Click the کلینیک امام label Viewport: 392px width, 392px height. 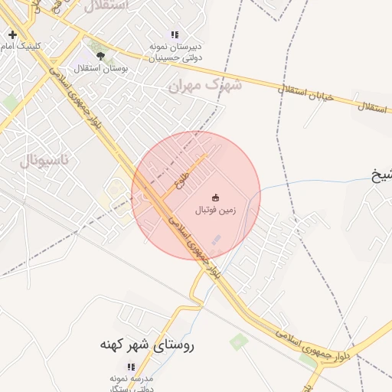pyautogui.click(x=32, y=47)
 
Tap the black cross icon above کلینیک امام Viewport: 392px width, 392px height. pyautogui.click(x=12, y=34)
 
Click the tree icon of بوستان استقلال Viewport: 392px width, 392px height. pyautogui.click(x=100, y=56)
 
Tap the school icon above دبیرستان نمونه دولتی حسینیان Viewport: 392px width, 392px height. pyautogui.click(x=175, y=34)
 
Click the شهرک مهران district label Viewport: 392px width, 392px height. pyautogui.click(x=204, y=84)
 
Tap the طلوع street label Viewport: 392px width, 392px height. pyautogui.click(x=181, y=178)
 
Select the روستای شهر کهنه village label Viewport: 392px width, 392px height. pyautogui.click(x=147, y=345)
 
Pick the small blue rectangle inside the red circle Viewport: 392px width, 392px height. pyautogui.click(x=215, y=240)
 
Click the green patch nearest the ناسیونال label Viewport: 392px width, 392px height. pyautogui.click(x=10, y=102)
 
